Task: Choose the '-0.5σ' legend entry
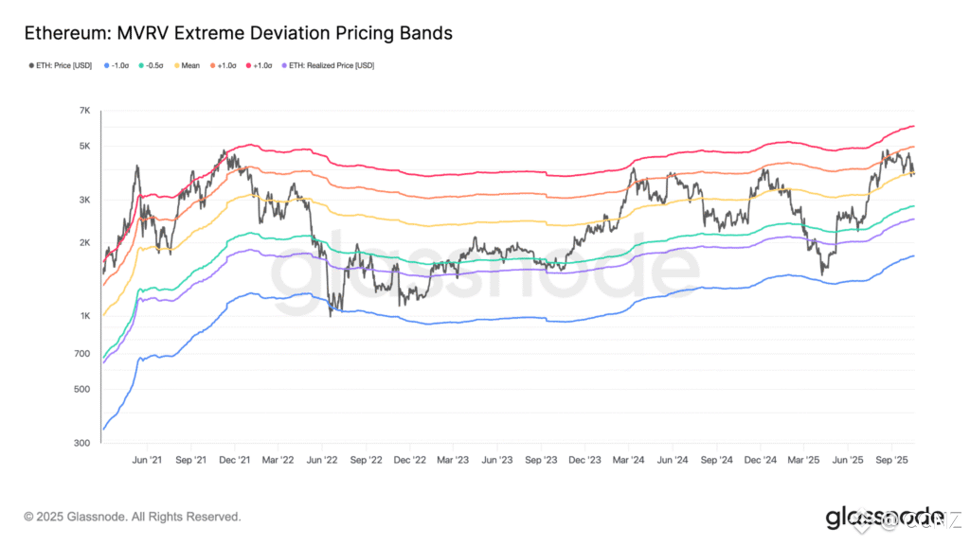(154, 66)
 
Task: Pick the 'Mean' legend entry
(188, 66)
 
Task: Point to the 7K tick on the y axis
(84, 112)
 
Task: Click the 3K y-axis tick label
(84, 201)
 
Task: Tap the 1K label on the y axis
(84, 316)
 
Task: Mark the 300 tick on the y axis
(83, 443)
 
